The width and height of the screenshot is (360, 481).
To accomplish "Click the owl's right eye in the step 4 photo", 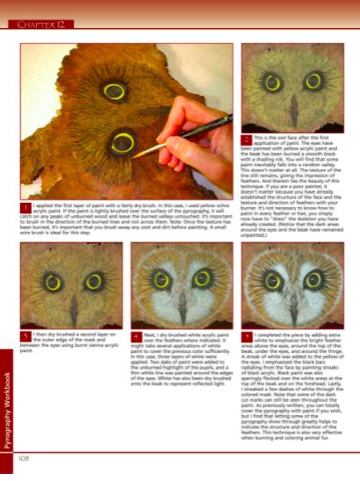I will (204, 281).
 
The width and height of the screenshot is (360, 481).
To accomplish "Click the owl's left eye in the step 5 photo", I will (269, 281).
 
